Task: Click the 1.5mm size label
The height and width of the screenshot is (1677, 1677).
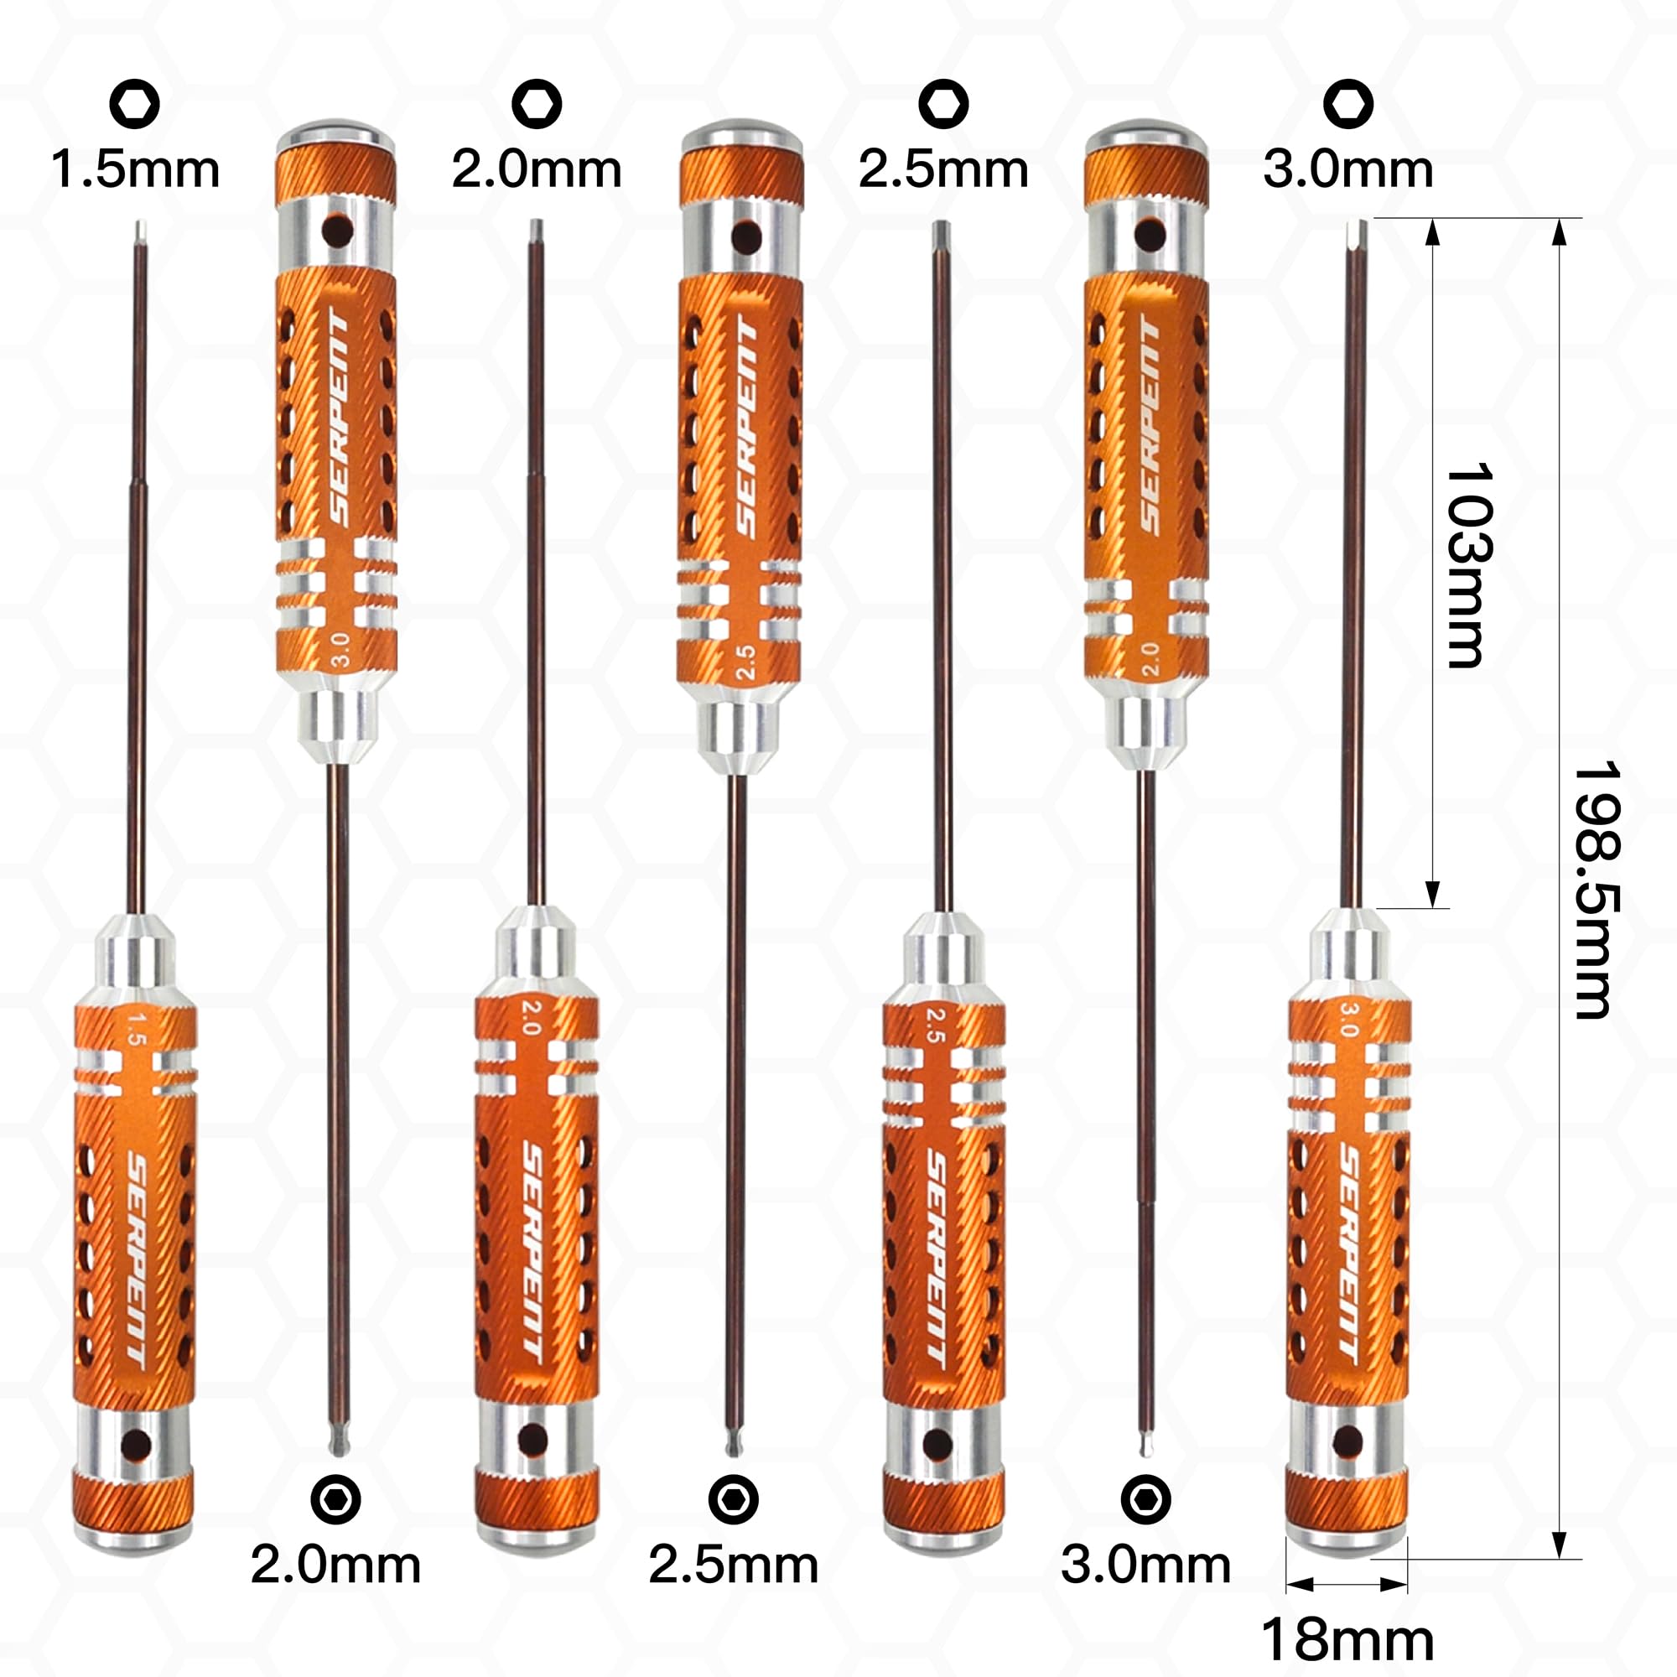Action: [135, 169]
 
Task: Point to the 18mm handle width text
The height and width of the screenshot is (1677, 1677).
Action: [1347, 1639]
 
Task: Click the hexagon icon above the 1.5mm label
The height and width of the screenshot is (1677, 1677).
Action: [134, 104]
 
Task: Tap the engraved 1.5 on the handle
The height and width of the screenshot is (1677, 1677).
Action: [133, 1027]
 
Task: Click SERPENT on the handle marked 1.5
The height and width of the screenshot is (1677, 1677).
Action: [138, 1257]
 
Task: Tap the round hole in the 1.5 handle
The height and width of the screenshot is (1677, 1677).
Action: [135, 1446]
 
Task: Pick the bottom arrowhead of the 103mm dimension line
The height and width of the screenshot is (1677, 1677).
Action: [1432, 894]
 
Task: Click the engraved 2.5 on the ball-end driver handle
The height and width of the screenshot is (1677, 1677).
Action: [745, 662]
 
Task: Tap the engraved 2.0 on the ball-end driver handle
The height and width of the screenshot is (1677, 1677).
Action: [1151, 660]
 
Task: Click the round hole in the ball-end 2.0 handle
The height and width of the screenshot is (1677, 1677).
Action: [1150, 232]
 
